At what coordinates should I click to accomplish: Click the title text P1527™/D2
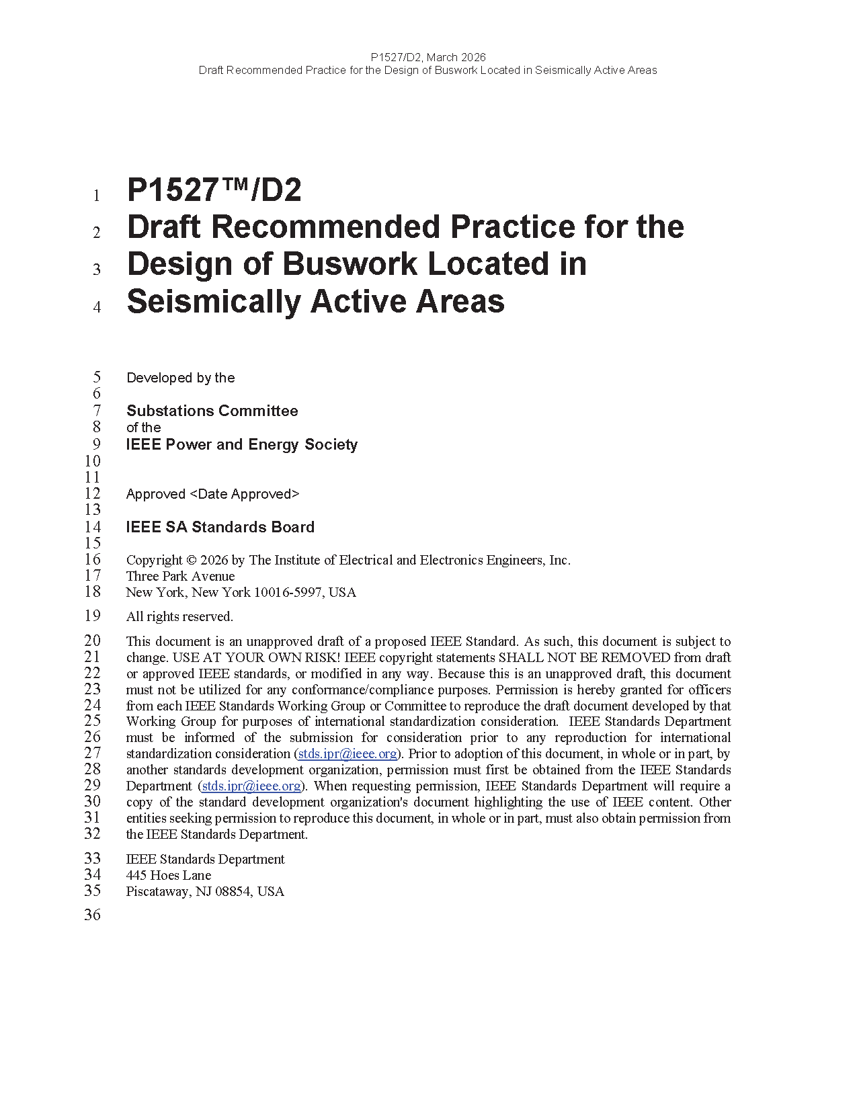(214, 190)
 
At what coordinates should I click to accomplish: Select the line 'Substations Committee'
(212, 411)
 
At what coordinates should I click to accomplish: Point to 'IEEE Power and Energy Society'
(241, 444)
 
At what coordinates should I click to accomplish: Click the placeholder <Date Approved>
(245, 494)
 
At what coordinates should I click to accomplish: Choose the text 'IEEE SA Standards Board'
(220, 527)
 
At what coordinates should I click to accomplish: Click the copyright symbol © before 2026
(191, 560)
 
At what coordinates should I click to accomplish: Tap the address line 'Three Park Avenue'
(180, 576)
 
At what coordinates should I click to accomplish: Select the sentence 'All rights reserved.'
(179, 616)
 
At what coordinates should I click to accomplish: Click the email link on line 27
(347, 753)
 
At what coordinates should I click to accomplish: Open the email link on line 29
(251, 786)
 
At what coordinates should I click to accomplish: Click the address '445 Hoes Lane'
(169, 875)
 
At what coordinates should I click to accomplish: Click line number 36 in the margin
(92, 915)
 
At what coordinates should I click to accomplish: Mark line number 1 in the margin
(96, 196)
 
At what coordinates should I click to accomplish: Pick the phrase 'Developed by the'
(180, 378)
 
